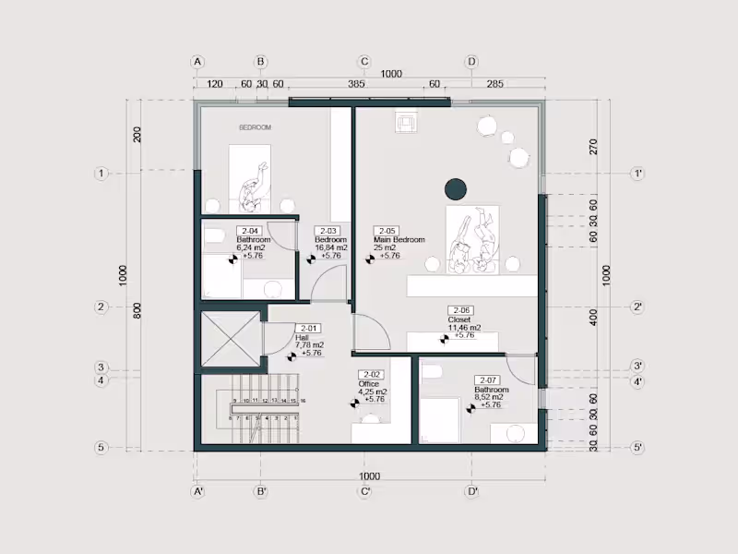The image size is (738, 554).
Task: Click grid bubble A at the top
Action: [x=196, y=62]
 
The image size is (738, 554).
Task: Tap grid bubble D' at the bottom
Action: [x=471, y=491]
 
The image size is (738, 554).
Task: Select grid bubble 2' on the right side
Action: [x=637, y=307]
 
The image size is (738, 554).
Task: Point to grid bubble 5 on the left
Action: [x=102, y=448]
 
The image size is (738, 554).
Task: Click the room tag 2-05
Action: [x=386, y=231]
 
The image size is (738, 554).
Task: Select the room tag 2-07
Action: [x=486, y=379]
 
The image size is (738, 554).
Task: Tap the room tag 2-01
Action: [x=308, y=328]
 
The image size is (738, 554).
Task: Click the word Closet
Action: [x=459, y=319]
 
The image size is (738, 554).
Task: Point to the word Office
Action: [x=370, y=383]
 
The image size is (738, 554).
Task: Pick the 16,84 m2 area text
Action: [x=330, y=247]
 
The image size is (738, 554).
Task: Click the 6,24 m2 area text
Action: [x=225, y=247]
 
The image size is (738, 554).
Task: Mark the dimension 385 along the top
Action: [x=356, y=84]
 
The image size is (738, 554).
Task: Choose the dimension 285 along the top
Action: [x=494, y=84]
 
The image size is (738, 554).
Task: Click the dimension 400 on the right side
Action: [x=594, y=318]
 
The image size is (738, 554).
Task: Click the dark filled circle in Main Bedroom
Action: [x=455, y=189]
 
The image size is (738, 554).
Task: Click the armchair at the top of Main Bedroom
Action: [x=406, y=122]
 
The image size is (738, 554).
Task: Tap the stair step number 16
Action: [x=303, y=401]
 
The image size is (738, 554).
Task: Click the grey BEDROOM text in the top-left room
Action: [x=256, y=127]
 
